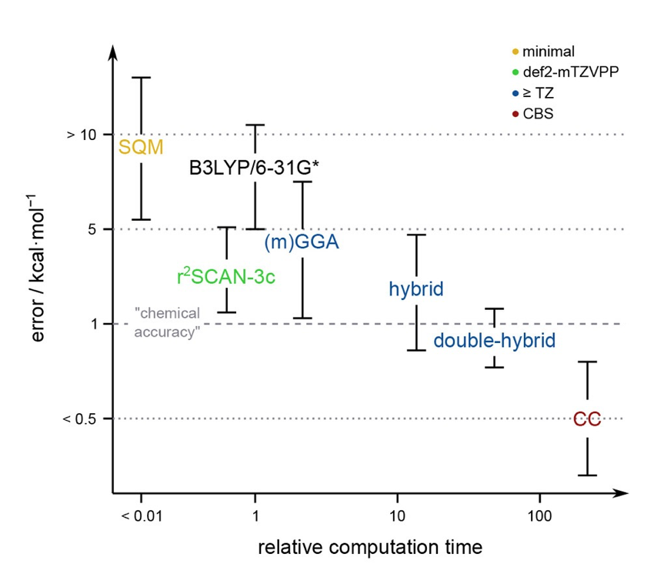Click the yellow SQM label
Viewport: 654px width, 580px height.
pos(141,147)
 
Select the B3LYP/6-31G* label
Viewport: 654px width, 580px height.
pos(254,167)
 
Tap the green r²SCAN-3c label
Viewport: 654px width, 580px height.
pos(225,277)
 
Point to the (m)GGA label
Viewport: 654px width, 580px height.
pos(302,242)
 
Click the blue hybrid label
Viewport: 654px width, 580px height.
pos(416,289)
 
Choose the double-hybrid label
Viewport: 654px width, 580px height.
pos(494,340)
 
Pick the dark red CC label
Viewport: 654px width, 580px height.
pos(587,419)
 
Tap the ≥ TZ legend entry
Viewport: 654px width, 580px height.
pos(538,92)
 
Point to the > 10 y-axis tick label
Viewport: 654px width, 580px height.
pos(80,135)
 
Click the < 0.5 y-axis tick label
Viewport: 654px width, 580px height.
pos(78,419)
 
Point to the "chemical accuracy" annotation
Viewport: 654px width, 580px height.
pos(167,323)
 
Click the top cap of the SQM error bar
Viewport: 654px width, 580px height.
pos(141,77)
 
